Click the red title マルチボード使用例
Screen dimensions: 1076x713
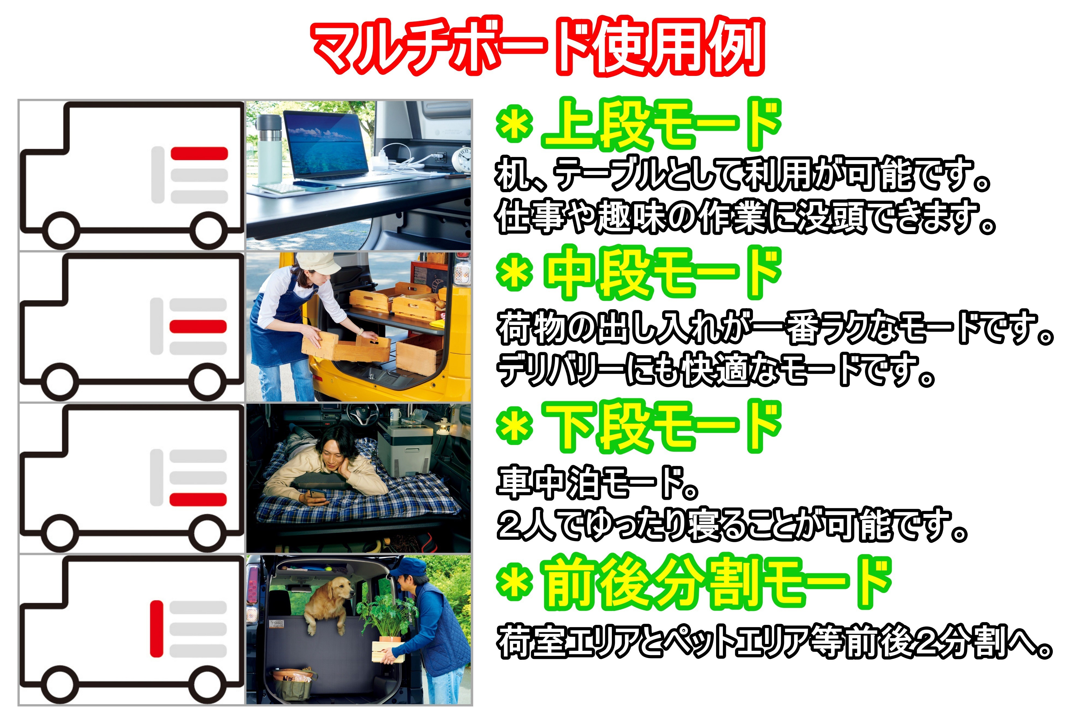click(x=538, y=46)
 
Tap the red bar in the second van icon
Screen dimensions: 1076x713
click(x=198, y=326)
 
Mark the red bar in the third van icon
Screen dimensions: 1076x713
click(x=198, y=499)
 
